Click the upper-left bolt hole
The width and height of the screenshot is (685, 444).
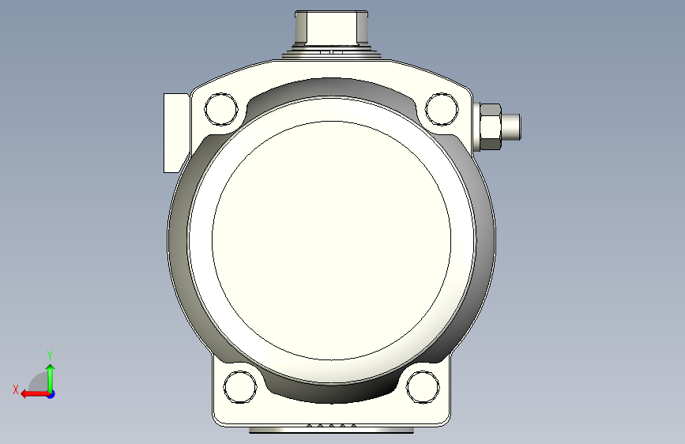(221, 109)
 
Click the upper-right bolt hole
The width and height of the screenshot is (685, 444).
(442, 109)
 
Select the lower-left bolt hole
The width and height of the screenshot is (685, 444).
(240, 387)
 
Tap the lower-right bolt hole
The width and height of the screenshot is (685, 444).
(423, 387)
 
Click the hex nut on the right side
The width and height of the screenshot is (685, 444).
(490, 126)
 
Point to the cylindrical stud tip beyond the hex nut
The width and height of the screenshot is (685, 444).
(511, 126)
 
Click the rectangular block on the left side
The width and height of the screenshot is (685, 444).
(176, 133)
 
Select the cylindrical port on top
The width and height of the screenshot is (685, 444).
(331, 28)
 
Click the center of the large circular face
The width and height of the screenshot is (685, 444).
(331, 240)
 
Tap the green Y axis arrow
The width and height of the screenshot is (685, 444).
(51, 378)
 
